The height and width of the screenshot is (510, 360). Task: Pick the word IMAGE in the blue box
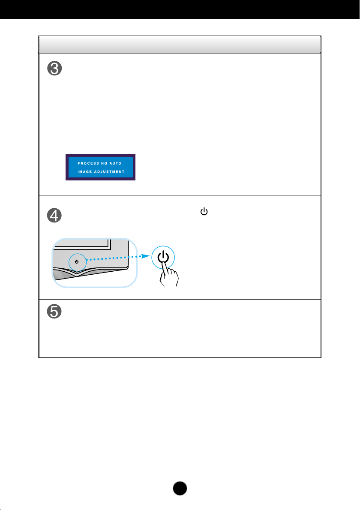[x=84, y=171]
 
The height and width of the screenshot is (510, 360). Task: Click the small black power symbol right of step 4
[x=204, y=212]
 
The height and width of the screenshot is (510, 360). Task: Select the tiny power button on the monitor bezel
[x=76, y=261]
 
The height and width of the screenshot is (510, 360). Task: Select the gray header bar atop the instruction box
[x=180, y=45]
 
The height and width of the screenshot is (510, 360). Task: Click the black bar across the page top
[x=180, y=9]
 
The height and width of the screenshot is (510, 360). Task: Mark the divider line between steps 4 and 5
[x=180, y=299]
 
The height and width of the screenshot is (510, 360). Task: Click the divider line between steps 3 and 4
[x=180, y=195]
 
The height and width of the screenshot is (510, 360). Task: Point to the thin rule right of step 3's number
[x=231, y=82]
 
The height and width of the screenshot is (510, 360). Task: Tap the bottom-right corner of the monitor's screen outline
[x=110, y=247]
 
